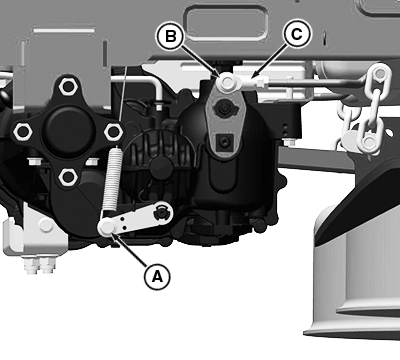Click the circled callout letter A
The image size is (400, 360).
(x=157, y=276)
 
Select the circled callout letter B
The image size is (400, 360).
(x=170, y=36)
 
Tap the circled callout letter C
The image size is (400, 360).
(x=297, y=34)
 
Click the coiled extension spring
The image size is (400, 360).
(x=112, y=179)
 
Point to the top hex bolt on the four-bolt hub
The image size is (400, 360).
(x=68, y=86)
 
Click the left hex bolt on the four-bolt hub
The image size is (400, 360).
(x=23, y=132)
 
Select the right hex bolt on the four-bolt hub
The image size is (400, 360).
(x=114, y=132)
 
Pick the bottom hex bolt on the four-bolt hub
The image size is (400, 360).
(x=68, y=177)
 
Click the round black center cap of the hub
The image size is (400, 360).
(x=69, y=130)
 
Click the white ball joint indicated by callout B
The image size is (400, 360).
(x=227, y=82)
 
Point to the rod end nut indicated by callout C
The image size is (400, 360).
(x=260, y=81)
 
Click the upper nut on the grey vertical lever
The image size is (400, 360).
(x=223, y=108)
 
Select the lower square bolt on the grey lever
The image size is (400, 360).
(x=224, y=142)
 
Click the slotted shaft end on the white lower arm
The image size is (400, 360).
(x=161, y=212)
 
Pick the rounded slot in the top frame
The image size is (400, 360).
(x=228, y=24)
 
